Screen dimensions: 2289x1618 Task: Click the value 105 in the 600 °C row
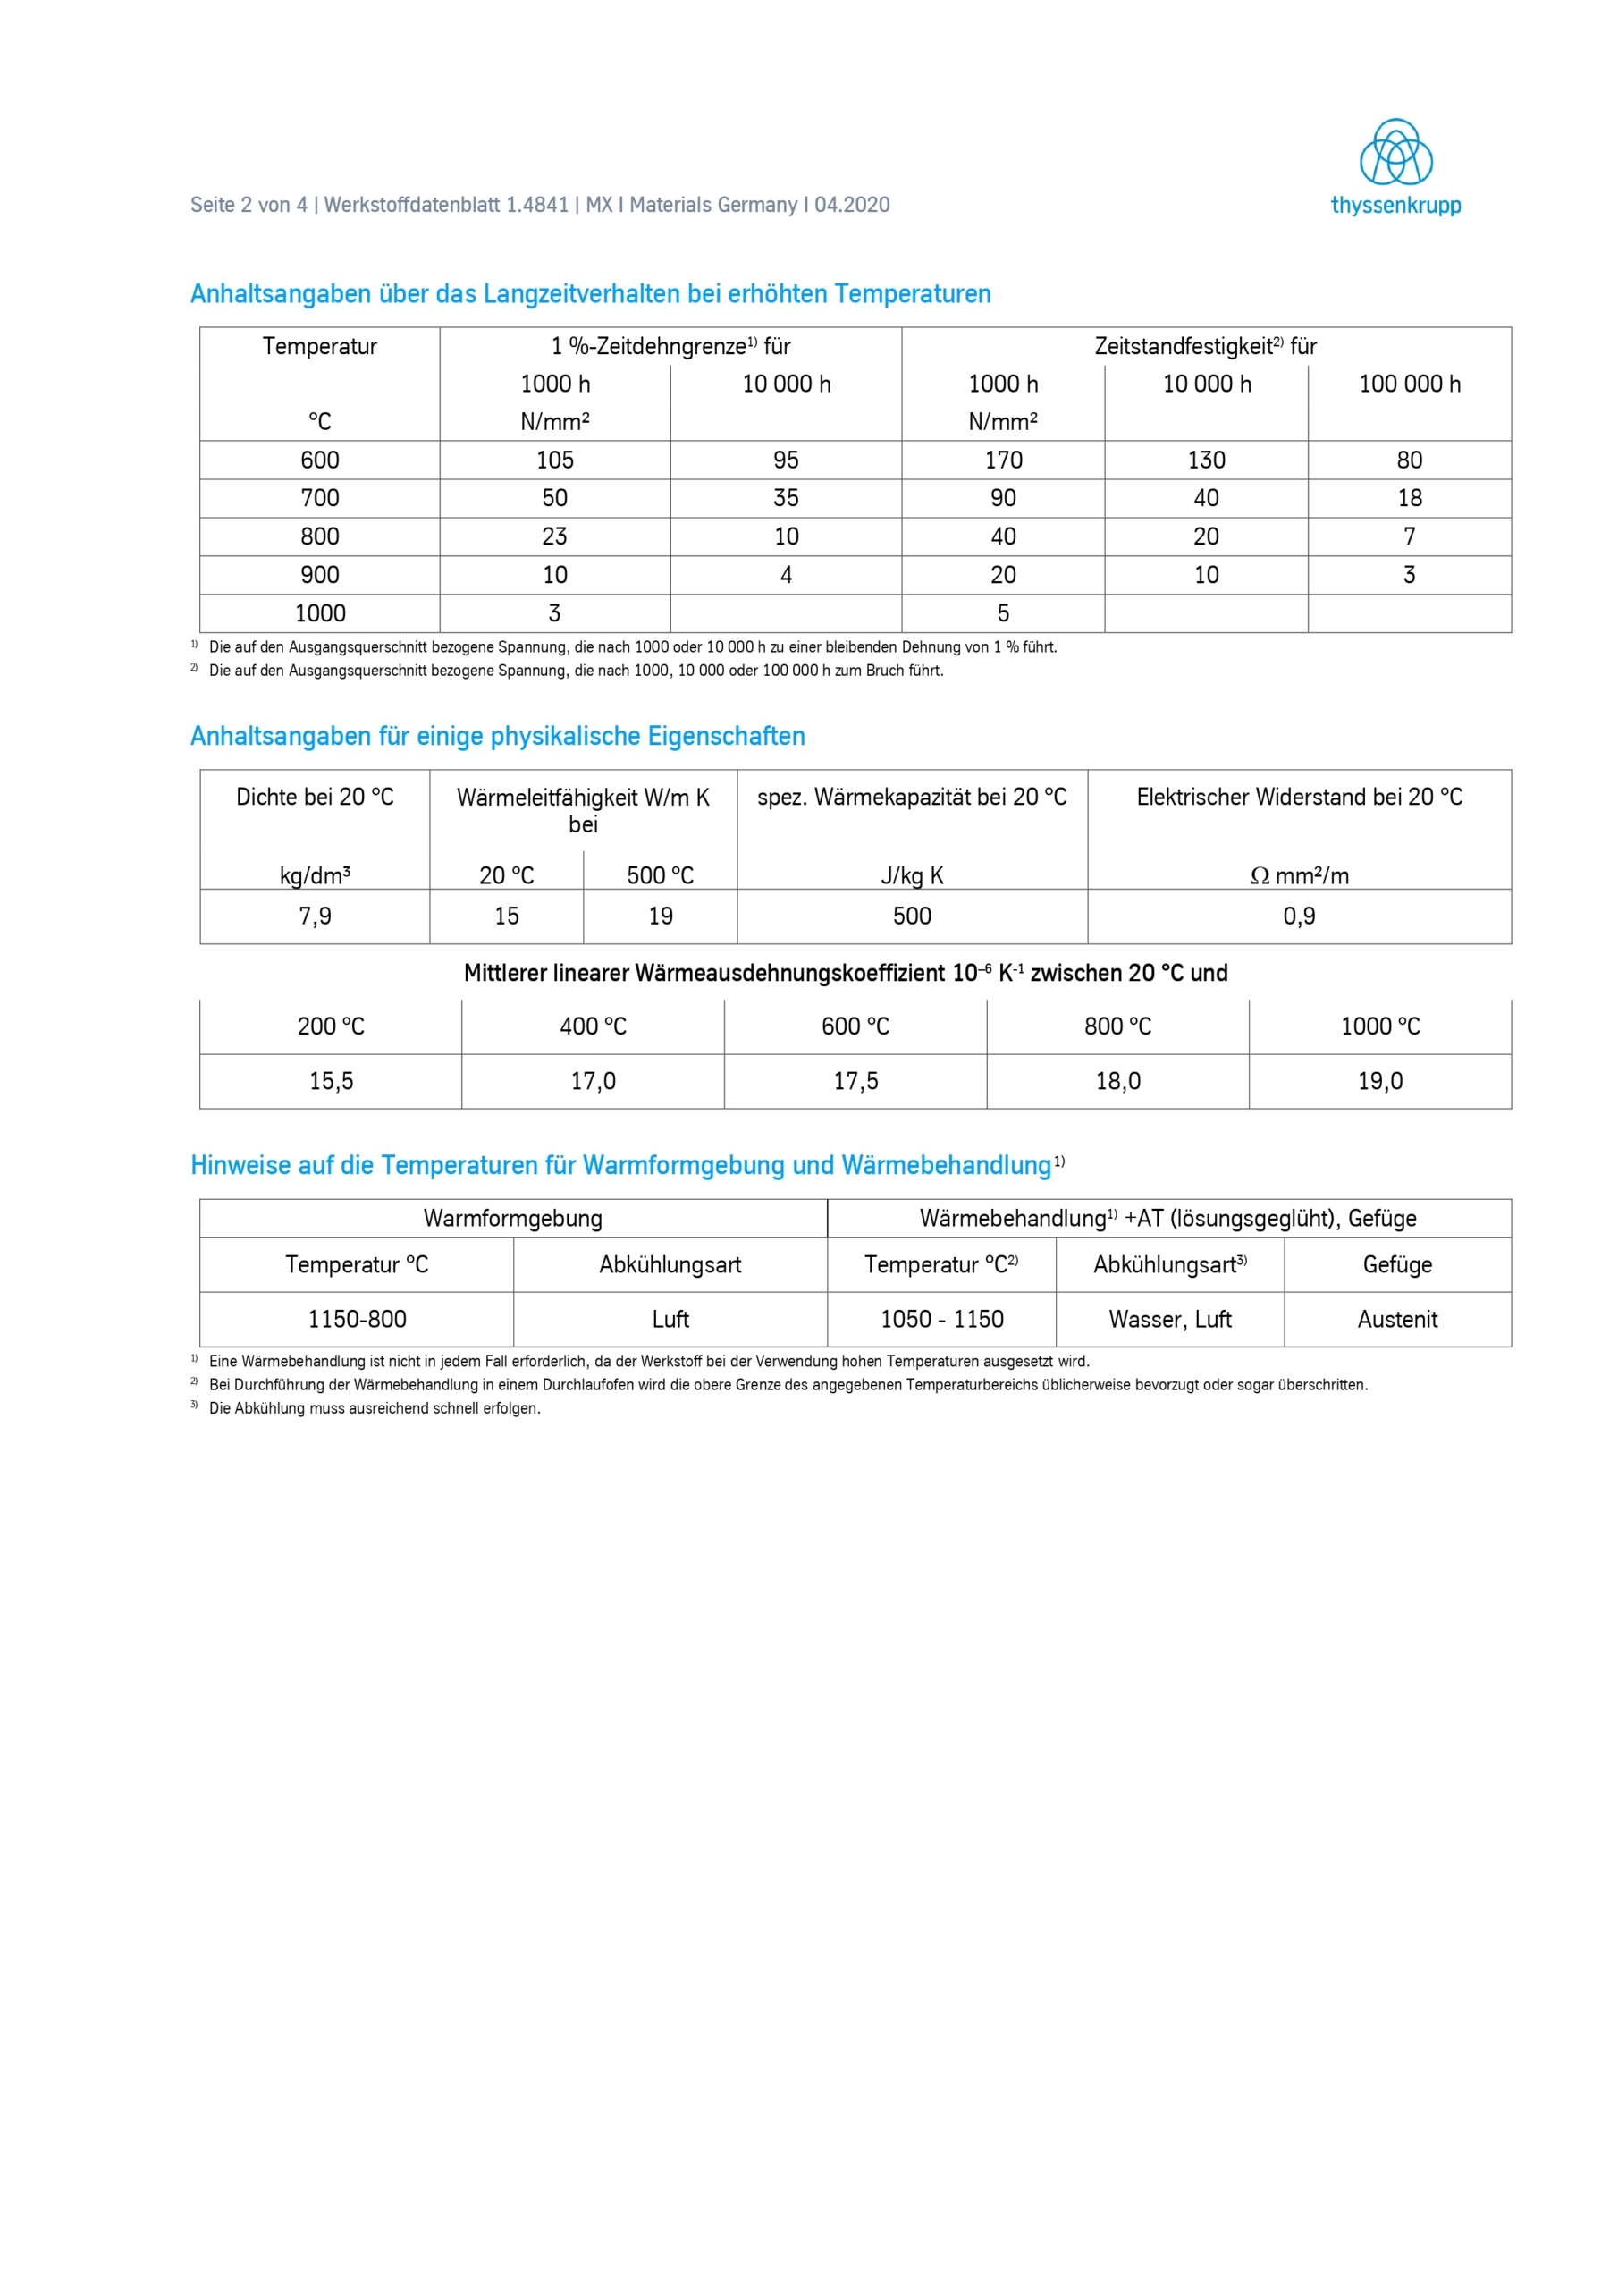click(x=554, y=460)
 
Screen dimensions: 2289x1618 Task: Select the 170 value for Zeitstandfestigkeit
click(x=1003, y=460)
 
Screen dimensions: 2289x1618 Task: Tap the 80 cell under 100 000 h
click(x=1409, y=460)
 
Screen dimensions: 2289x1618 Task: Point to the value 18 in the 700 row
click(x=1409, y=497)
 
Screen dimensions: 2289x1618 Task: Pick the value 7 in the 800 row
click(x=1409, y=536)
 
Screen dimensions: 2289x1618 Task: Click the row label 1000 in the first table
click(x=320, y=613)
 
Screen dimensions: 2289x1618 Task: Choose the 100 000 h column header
click(x=1409, y=384)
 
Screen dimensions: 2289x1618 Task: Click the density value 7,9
click(x=315, y=916)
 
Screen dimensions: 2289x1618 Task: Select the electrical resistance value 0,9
click(x=1298, y=916)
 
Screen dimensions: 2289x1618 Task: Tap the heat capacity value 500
click(x=911, y=916)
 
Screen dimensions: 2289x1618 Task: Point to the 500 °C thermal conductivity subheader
click(x=660, y=875)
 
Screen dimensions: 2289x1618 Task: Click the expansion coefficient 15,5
click(x=331, y=1081)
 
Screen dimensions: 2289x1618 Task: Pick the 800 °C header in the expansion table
click(x=1117, y=1026)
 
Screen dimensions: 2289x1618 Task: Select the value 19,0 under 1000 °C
click(x=1379, y=1081)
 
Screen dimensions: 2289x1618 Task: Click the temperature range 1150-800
click(x=357, y=1319)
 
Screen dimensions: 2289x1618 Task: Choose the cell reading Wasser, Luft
click(x=1169, y=1319)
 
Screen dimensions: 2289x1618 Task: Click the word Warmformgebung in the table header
click(x=512, y=1219)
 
